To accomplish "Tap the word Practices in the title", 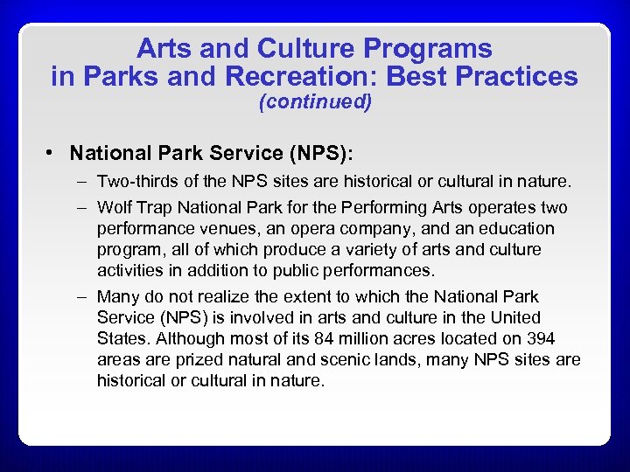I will coord(522,76).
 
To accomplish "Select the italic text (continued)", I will coord(315,101).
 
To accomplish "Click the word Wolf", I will coord(115,208).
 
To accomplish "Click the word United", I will coord(514,318).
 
